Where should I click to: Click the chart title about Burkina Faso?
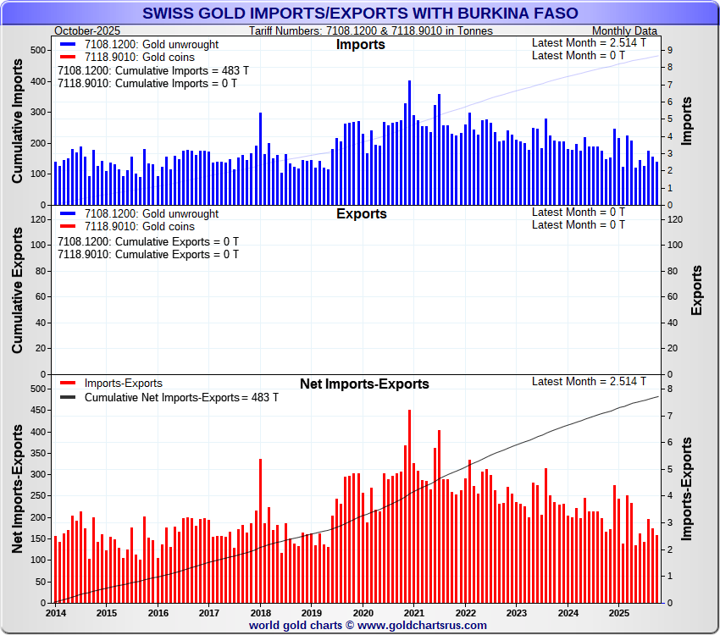tap(360, 14)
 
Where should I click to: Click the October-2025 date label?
tap(87, 30)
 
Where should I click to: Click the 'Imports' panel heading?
tap(360, 44)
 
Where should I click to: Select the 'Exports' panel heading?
tap(361, 213)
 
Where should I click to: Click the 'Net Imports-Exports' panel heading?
tap(364, 384)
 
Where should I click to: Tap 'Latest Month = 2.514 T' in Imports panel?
tap(589, 42)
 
